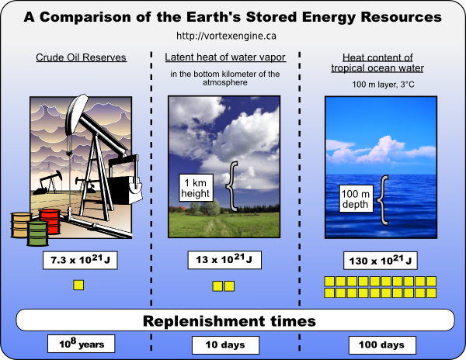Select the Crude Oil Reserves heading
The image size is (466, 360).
point(82,57)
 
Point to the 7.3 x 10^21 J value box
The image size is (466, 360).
point(81,260)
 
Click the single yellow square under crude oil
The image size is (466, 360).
point(78,285)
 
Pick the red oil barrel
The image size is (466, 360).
point(49,220)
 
